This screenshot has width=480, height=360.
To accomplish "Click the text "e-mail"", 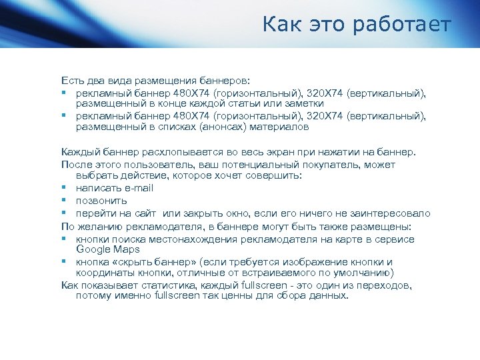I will [138, 188].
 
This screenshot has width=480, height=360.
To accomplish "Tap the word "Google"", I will [93, 249].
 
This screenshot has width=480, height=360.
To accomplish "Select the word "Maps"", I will [127, 249].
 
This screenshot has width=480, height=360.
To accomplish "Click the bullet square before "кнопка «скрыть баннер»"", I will [65, 262].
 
